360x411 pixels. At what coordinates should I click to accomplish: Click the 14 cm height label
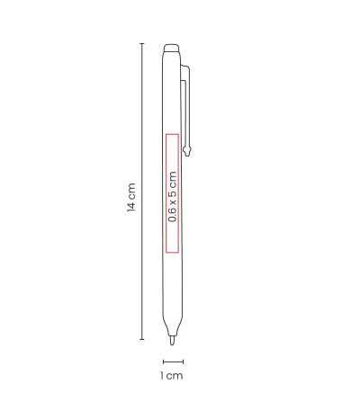point(131,197)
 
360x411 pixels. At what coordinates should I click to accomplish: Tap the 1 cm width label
point(171,376)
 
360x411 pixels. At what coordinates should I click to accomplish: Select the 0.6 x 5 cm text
point(173,197)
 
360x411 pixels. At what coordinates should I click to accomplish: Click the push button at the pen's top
point(172,48)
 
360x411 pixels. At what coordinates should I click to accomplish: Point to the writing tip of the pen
point(172,341)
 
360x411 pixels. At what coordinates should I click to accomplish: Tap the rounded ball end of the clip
point(188,150)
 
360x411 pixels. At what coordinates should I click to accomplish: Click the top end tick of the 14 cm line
point(142,44)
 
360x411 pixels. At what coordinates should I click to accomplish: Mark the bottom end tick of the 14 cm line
point(142,339)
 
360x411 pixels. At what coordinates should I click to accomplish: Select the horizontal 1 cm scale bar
point(173,362)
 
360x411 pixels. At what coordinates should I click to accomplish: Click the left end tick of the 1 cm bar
point(163,362)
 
